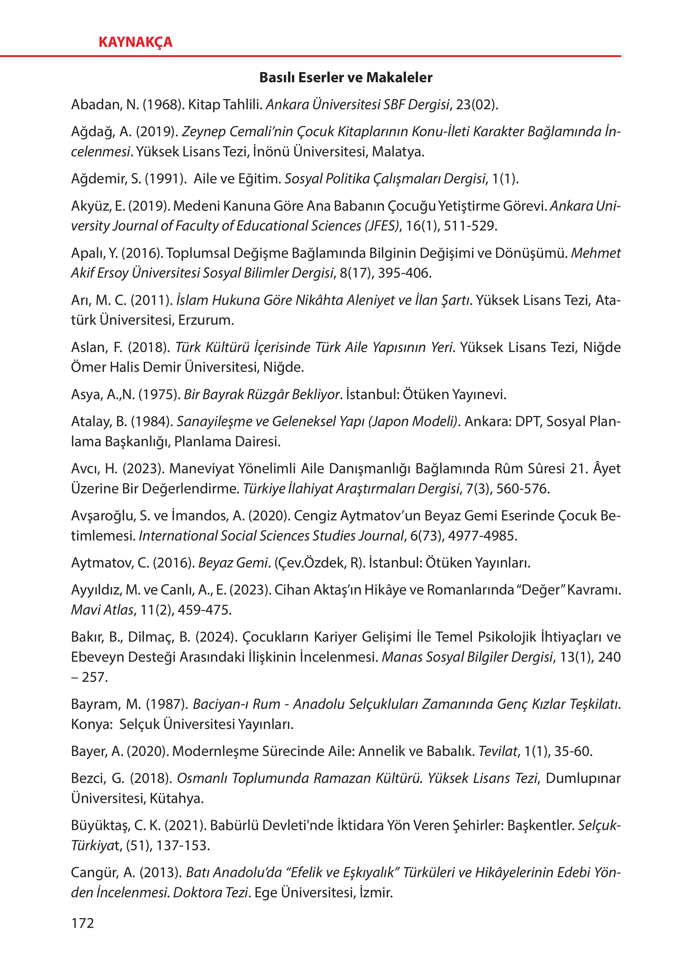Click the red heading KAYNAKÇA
click(x=135, y=42)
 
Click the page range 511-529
click(x=470, y=226)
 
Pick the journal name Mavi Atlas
click(x=102, y=610)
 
